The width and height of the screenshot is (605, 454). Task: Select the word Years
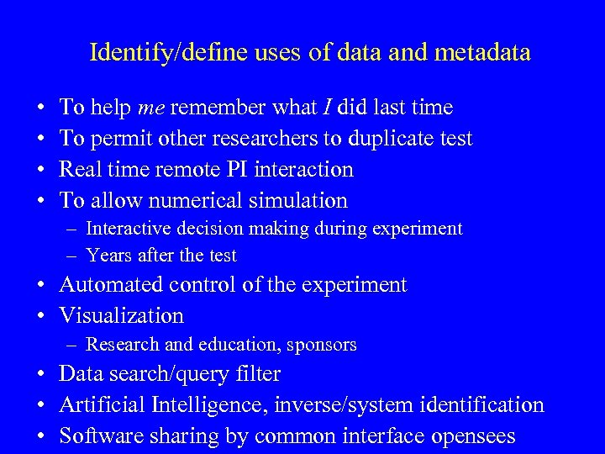pos(106,256)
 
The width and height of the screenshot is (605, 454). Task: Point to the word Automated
pos(111,285)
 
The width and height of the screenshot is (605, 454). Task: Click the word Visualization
pos(121,316)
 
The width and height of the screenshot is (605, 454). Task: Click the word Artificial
pos(103,405)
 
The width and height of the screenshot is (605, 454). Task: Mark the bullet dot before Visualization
pos(42,316)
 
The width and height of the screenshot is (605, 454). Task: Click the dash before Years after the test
pos(75,256)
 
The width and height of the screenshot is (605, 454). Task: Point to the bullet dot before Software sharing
pos(42,436)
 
